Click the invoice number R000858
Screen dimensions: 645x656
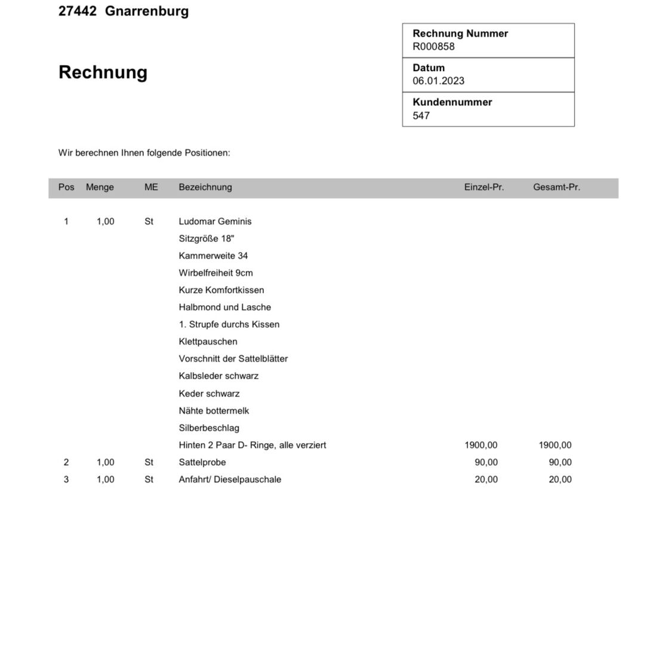pyautogui.click(x=433, y=47)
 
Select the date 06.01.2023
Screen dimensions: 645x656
pyautogui.click(x=438, y=81)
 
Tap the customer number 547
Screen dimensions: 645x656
pyautogui.click(x=421, y=116)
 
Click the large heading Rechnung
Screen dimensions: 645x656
pyautogui.click(x=103, y=72)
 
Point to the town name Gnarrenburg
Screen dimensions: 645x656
pyautogui.click(x=147, y=11)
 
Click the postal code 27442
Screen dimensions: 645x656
pyautogui.click(x=77, y=11)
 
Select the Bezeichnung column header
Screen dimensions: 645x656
pyautogui.click(x=205, y=187)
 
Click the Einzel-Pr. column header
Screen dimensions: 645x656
pyautogui.click(x=483, y=187)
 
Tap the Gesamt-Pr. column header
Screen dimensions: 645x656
pyautogui.click(x=556, y=187)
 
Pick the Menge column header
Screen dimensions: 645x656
pyautogui.click(x=100, y=187)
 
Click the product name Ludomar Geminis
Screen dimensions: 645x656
pyautogui.click(x=215, y=222)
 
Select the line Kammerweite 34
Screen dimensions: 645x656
pyautogui.click(x=213, y=256)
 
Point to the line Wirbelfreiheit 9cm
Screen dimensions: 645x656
pyautogui.click(x=215, y=273)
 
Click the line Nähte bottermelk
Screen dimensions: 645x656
pyautogui.click(x=214, y=411)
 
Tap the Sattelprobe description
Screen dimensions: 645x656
pyautogui.click(x=202, y=462)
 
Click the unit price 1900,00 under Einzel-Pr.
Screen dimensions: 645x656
pyautogui.click(x=481, y=445)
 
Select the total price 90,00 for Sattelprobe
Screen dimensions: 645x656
pyautogui.click(x=560, y=462)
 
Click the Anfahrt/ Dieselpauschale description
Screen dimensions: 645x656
pyautogui.click(x=230, y=480)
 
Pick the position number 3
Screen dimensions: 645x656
pyautogui.click(x=66, y=480)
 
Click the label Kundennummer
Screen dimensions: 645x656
pyautogui.click(x=452, y=102)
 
